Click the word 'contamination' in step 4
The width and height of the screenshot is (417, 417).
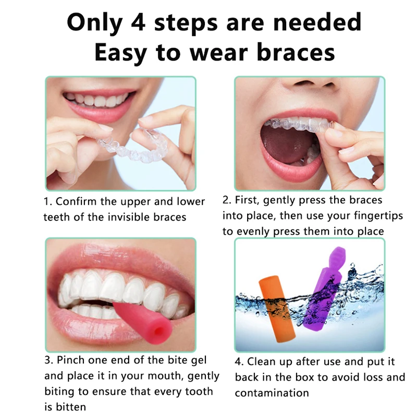tap(272, 393)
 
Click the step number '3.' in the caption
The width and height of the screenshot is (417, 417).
tap(49, 360)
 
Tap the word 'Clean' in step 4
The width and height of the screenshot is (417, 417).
tap(262, 361)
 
